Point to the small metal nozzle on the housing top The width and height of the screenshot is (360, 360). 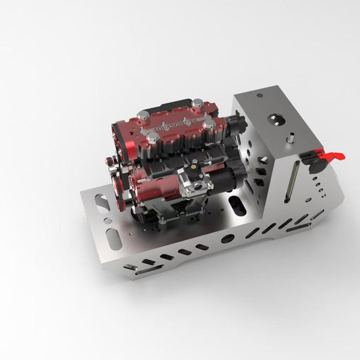(290, 139)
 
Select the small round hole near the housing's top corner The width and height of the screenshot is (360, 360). (259, 96)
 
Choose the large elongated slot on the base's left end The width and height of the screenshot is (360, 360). (114, 238)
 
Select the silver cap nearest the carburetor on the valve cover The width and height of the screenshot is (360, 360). (153, 137)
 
